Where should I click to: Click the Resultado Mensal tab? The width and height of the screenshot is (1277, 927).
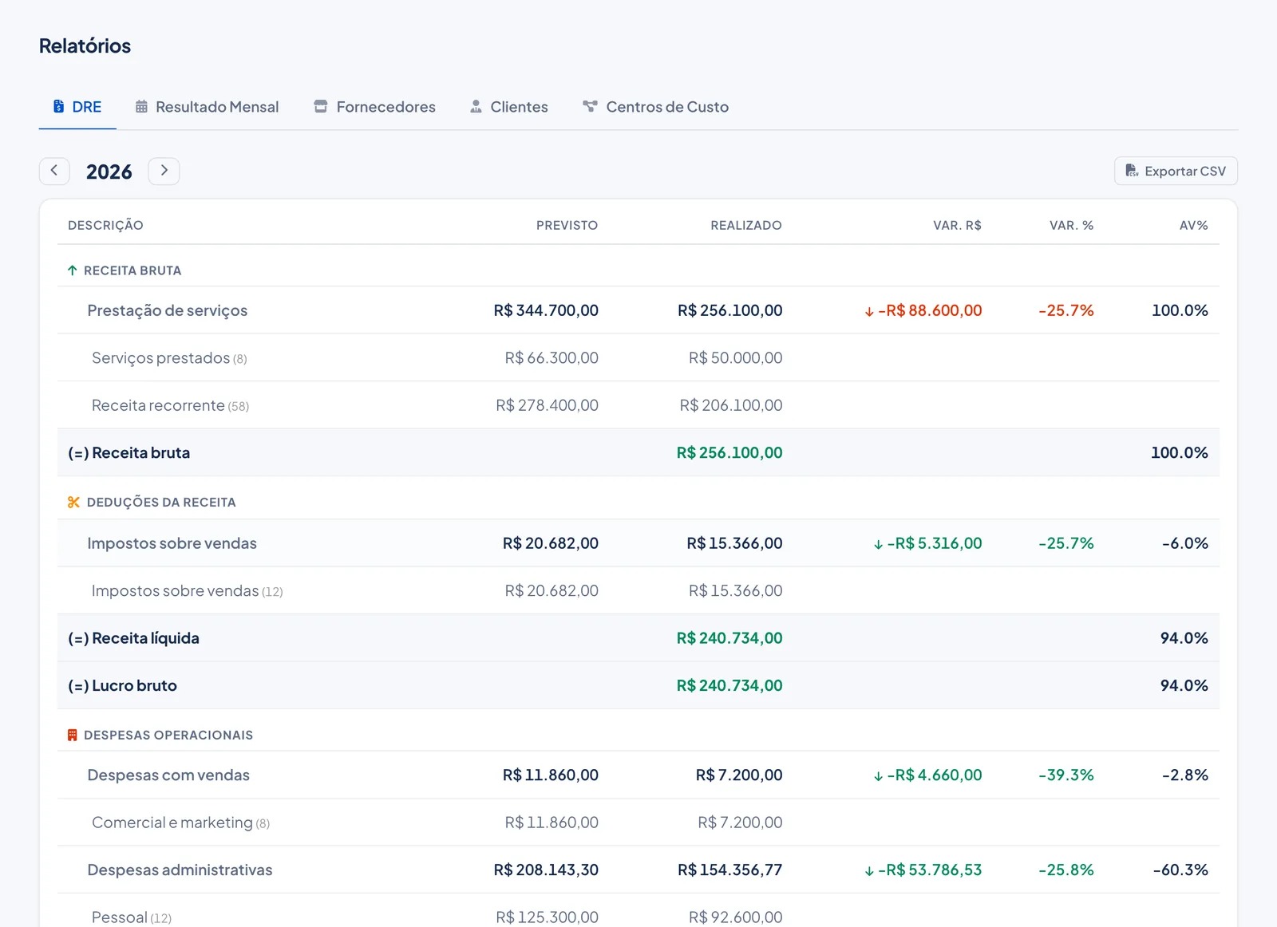[x=207, y=107]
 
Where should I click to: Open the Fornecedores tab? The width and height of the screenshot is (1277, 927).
[x=374, y=107]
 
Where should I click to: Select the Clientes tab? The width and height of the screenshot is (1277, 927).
[x=508, y=107]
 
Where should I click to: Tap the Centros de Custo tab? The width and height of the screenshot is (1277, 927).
[x=655, y=107]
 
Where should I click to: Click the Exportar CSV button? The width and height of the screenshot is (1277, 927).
[x=1176, y=171]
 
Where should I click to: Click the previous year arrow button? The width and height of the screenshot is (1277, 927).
[x=54, y=171]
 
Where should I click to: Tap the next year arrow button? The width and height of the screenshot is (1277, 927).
[x=164, y=171]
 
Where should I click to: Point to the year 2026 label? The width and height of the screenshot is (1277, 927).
[x=109, y=172]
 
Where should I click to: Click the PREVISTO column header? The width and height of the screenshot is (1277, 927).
[x=567, y=225]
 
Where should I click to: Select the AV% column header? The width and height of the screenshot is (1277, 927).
[x=1193, y=225]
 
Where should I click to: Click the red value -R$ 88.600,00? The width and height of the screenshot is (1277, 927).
[x=930, y=310]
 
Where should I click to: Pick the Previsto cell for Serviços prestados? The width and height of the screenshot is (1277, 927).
[x=552, y=358]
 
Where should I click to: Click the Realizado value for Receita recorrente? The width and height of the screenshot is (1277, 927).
[x=731, y=405]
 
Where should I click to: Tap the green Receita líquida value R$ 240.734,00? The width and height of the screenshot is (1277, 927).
[x=729, y=638]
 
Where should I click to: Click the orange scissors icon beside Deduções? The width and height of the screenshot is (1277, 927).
[x=73, y=502]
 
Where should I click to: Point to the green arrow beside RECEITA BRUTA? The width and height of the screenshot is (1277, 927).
[x=73, y=270]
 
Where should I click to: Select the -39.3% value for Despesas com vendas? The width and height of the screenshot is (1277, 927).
[x=1066, y=775]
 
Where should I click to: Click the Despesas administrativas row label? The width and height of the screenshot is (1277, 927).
[x=180, y=870]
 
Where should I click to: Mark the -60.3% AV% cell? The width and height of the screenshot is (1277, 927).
[x=1180, y=870]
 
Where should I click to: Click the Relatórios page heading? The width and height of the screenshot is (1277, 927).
[x=85, y=45]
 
